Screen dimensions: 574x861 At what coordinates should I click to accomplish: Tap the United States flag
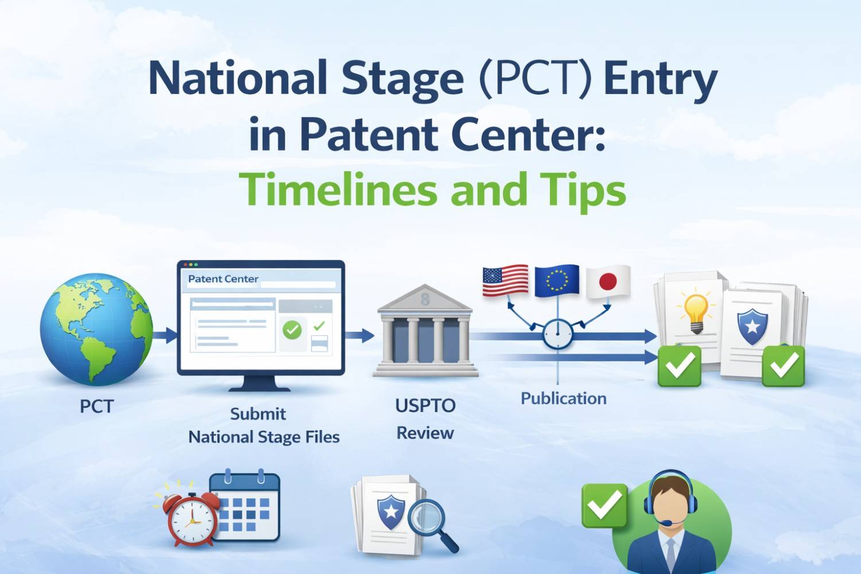pos(505,281)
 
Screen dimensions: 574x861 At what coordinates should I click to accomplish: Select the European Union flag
pos(556,281)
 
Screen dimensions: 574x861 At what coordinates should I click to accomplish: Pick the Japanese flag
pos(608,282)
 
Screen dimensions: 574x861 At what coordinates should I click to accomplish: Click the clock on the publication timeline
pos(557,334)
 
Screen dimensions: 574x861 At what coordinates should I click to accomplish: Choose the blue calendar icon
pos(246,507)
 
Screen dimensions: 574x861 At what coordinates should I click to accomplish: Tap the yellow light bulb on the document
pos(696,310)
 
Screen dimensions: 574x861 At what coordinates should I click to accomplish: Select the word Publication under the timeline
pos(563,398)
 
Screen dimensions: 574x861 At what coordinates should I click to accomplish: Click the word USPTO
pos(425,406)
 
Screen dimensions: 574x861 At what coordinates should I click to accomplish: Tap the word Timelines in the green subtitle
pos(338,190)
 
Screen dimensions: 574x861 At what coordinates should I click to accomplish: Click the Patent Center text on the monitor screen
pos(223,279)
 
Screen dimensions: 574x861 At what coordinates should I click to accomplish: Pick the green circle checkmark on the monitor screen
pos(292,329)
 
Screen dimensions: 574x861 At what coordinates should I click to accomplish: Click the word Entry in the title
pos(660,79)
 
